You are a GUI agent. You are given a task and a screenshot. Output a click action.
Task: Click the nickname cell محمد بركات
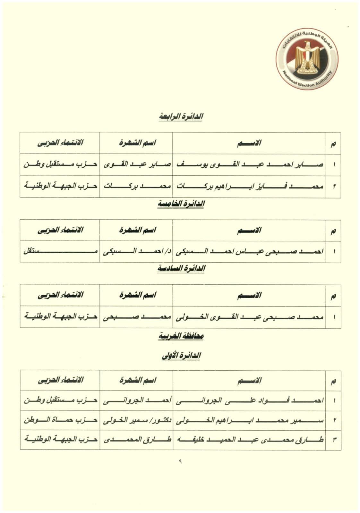point(136,186)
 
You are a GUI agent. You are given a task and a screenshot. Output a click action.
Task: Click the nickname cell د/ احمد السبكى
point(136,251)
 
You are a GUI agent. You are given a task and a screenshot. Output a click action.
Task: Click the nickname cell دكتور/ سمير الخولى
point(136,420)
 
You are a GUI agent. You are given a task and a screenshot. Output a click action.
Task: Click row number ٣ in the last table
point(334,440)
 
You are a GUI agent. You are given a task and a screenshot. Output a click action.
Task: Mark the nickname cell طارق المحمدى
point(136,440)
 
